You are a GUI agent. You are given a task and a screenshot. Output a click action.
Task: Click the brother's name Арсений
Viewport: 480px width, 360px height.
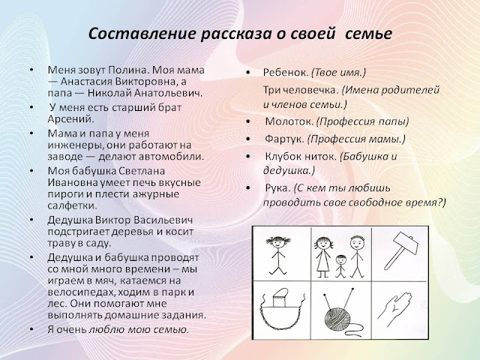[x=70, y=119]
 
